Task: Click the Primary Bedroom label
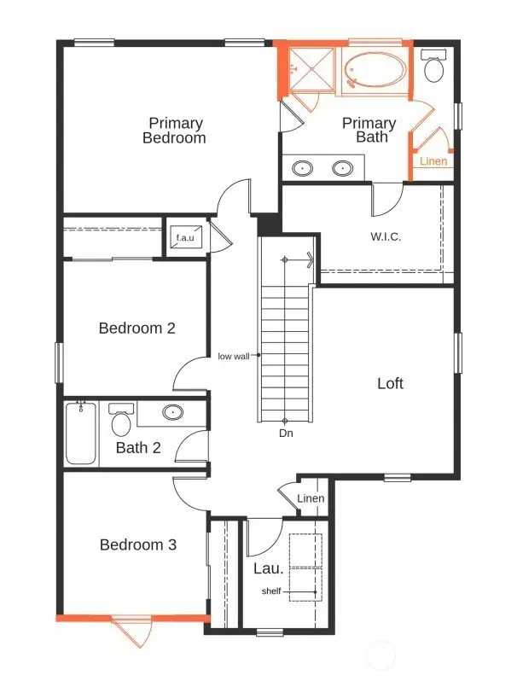click(174, 130)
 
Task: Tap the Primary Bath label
click(369, 130)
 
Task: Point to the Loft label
click(390, 383)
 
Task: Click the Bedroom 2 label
click(137, 328)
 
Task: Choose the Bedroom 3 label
click(137, 544)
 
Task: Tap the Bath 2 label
click(139, 447)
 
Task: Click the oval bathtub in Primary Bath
click(375, 68)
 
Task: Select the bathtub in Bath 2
click(80, 434)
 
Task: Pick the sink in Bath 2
click(173, 413)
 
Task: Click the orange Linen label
click(433, 161)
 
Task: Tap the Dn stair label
click(286, 434)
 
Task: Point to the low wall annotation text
click(233, 356)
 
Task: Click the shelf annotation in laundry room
click(270, 591)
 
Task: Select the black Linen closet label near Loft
click(311, 499)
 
